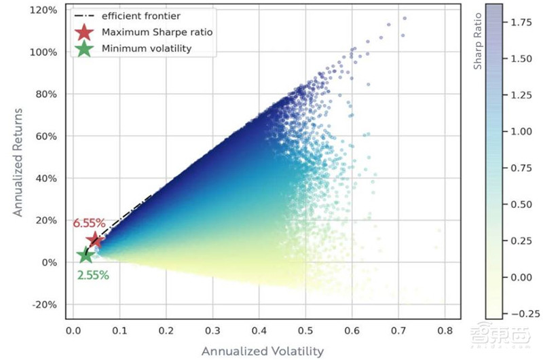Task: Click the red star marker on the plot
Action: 95,240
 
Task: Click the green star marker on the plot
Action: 85,255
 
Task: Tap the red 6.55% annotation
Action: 89,223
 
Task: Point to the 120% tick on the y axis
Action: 44,11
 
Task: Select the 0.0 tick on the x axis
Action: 74,331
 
